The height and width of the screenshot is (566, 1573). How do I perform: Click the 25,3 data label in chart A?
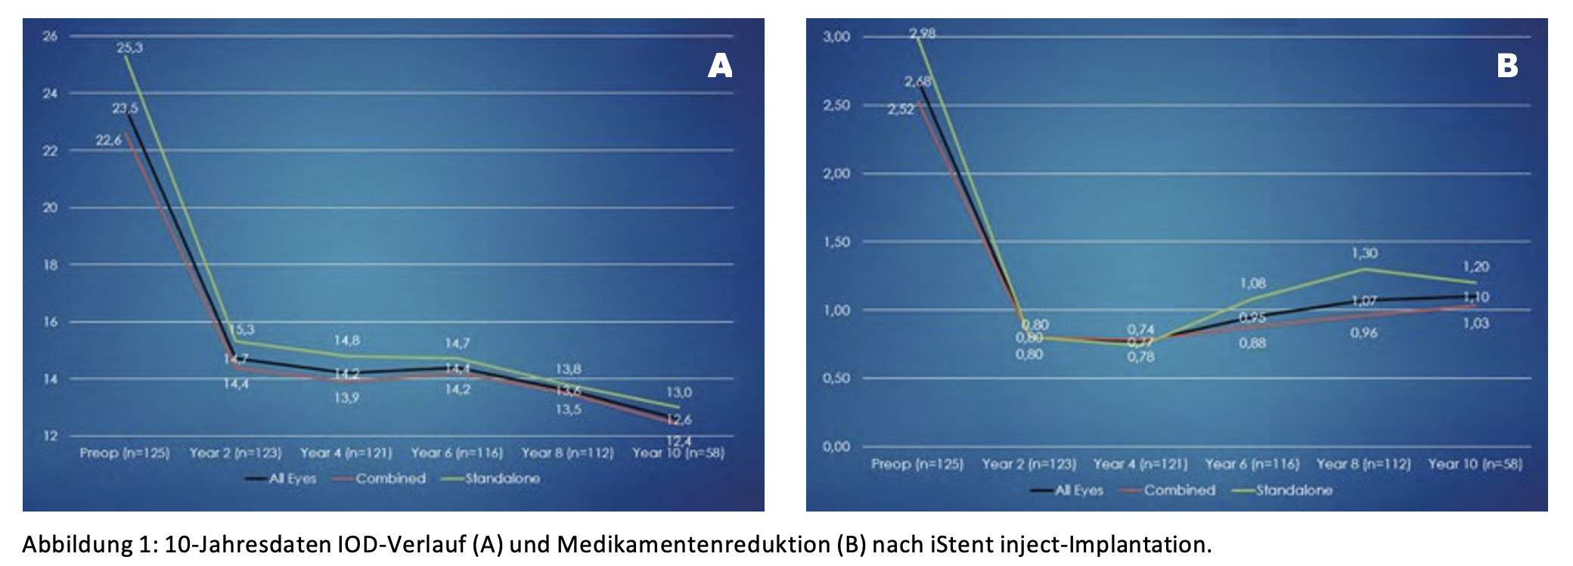(129, 48)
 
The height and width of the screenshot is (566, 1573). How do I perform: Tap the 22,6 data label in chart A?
(108, 140)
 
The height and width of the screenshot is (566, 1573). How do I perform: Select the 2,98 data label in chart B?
(922, 33)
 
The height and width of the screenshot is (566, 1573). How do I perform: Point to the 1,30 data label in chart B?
(1364, 253)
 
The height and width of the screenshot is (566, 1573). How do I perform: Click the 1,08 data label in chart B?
(1252, 284)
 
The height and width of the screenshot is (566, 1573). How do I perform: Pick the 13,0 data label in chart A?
(678, 392)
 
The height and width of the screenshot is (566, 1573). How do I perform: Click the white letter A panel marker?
(719, 67)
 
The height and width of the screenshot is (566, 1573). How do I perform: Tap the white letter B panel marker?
(1506, 67)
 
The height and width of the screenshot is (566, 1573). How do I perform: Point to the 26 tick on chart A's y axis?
(50, 36)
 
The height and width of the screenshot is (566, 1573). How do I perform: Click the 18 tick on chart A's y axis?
(50, 265)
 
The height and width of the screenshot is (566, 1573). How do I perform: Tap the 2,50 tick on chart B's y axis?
(836, 105)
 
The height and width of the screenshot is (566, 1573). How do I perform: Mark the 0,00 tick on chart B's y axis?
(836, 446)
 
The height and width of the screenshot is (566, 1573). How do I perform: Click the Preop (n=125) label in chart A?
(125, 453)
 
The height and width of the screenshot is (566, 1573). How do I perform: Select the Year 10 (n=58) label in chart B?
(1475, 464)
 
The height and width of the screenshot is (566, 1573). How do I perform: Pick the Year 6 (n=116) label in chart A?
(457, 453)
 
